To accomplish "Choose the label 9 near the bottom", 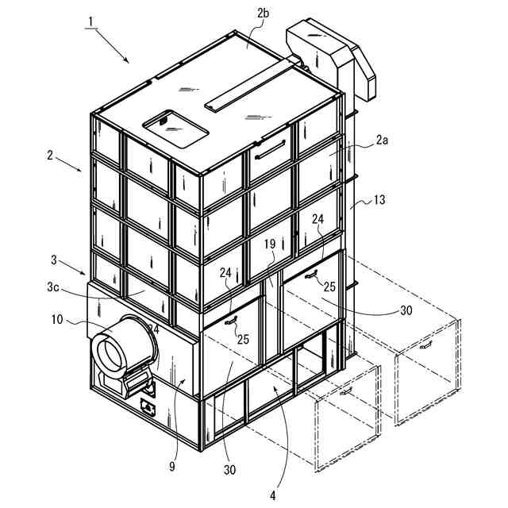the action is (x=172, y=467).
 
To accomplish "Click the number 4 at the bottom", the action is (x=272, y=495).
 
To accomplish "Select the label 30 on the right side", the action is (x=405, y=310).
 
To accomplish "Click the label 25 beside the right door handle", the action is (x=329, y=287).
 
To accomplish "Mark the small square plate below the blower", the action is (x=148, y=406).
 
